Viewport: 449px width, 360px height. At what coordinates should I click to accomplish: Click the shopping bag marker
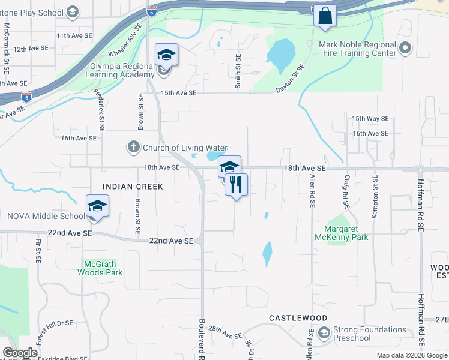[x=325, y=16]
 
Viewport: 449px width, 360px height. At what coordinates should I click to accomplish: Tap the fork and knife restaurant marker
[x=236, y=185]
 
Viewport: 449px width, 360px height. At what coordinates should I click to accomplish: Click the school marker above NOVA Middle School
[x=97, y=206]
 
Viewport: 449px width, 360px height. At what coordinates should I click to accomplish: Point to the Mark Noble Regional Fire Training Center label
[x=358, y=49]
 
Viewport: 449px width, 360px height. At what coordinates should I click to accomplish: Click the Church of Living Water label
[x=184, y=148]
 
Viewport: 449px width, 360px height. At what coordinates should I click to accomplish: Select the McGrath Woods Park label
[x=100, y=268]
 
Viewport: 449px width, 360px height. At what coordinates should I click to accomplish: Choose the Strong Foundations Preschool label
[x=370, y=334]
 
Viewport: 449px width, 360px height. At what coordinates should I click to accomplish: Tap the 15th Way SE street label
[x=370, y=119]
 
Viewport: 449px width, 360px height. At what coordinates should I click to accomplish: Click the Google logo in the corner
[x=20, y=353]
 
